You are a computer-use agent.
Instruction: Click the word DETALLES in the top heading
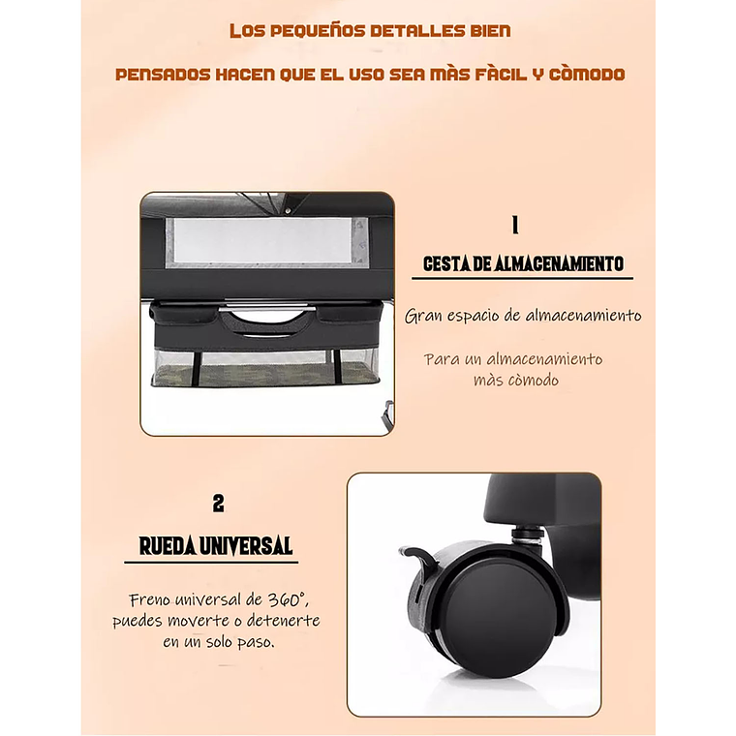click(x=411, y=31)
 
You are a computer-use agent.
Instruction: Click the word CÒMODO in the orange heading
click(x=587, y=74)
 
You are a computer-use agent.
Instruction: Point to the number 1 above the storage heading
click(x=515, y=226)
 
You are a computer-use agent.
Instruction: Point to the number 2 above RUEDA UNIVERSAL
click(x=218, y=504)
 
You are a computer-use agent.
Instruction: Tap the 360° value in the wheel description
click(x=287, y=599)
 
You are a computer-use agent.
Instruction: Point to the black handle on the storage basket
click(x=266, y=323)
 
